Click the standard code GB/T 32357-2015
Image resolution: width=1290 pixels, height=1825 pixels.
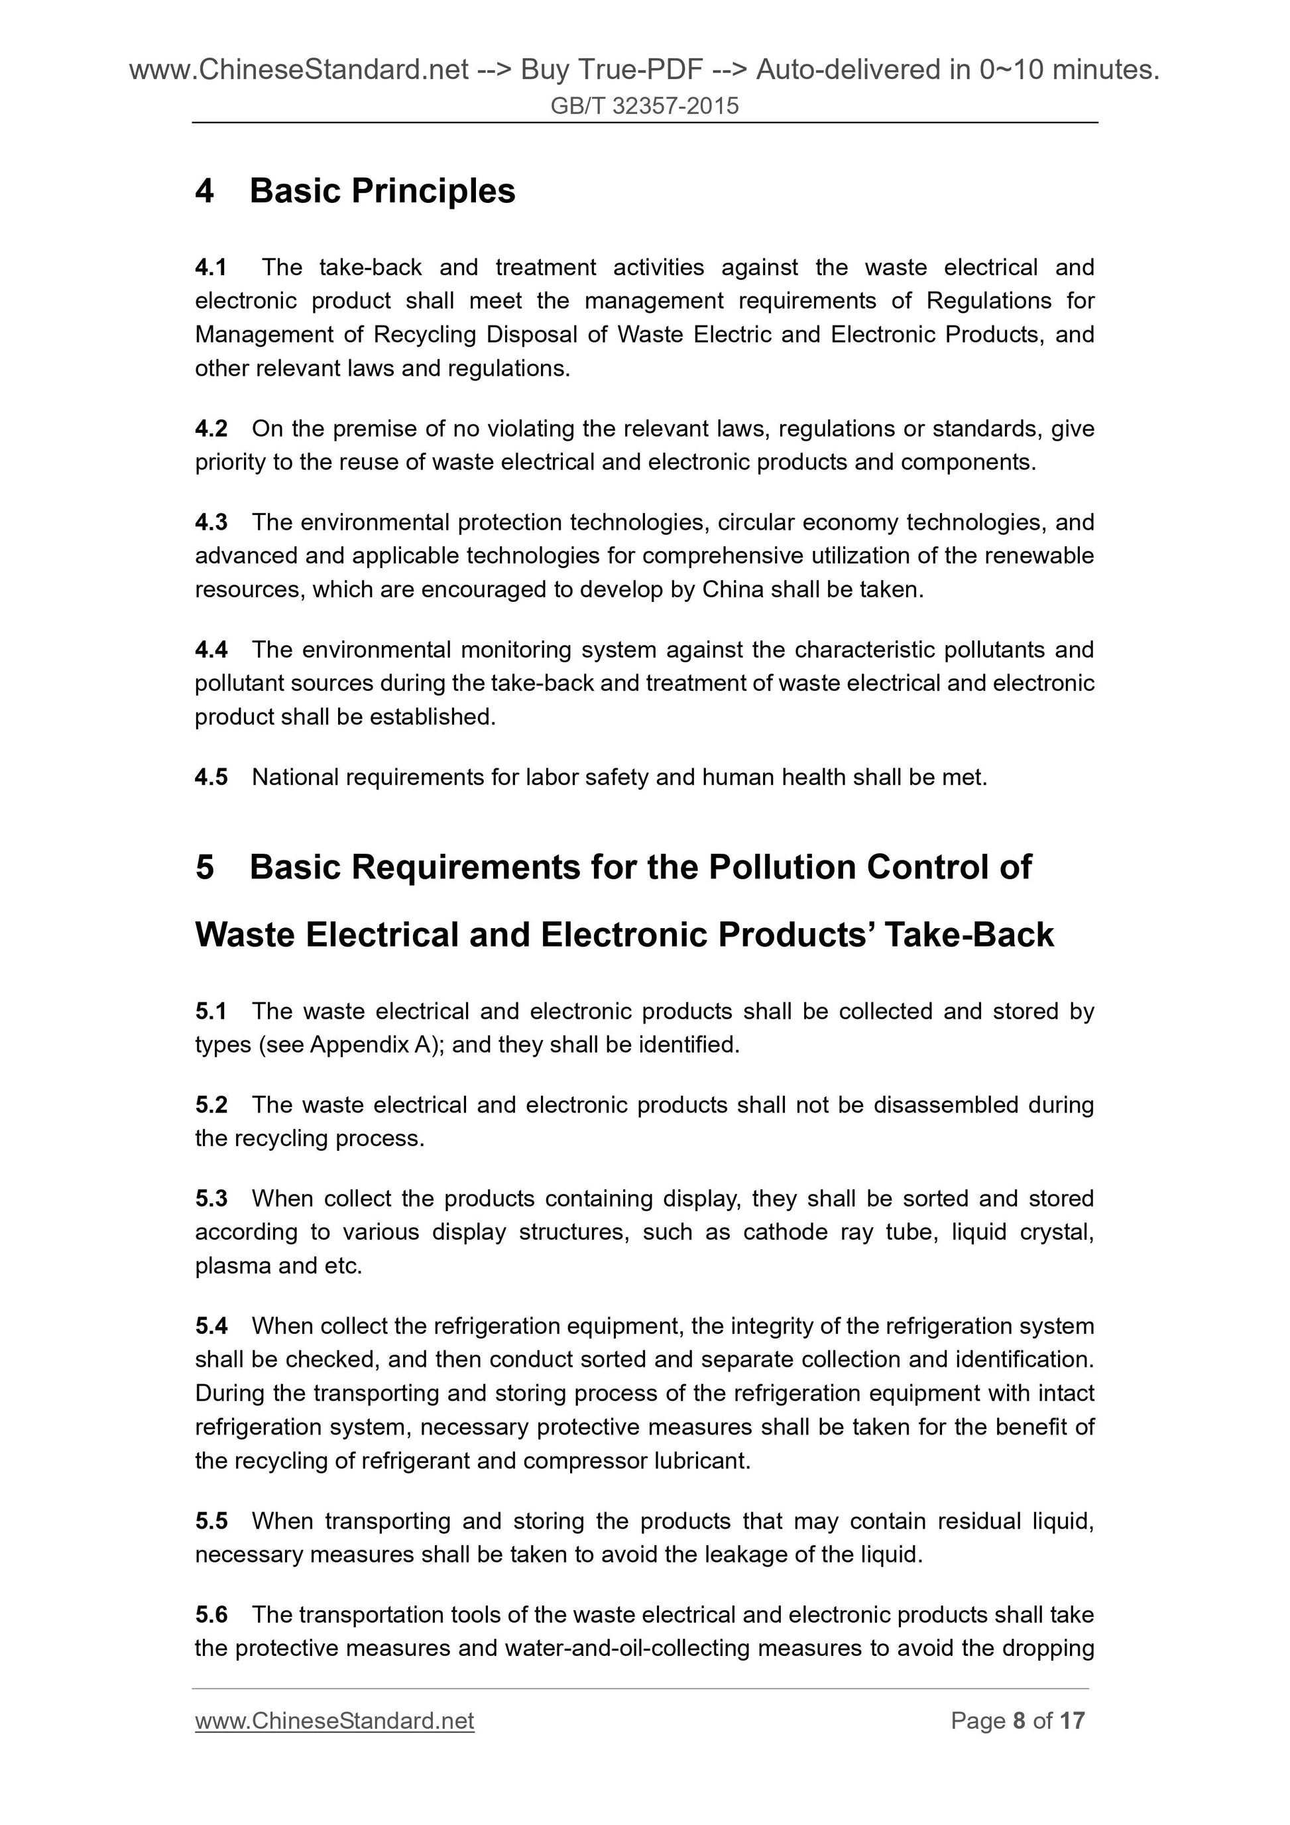coord(644,105)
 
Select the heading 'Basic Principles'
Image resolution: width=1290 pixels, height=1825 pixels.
coord(382,191)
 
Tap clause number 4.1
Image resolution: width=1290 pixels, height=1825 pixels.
coord(211,267)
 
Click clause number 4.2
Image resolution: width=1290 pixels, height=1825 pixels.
coord(211,428)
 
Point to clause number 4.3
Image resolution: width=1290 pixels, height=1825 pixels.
coord(211,522)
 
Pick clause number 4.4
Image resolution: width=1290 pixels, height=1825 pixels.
coord(211,650)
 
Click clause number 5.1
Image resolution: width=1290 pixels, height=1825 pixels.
coord(211,1011)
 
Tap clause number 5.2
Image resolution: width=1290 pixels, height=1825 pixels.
coord(211,1105)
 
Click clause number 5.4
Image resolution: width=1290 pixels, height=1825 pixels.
coord(211,1326)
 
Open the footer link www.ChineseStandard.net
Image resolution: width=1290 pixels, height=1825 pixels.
coord(335,1721)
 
